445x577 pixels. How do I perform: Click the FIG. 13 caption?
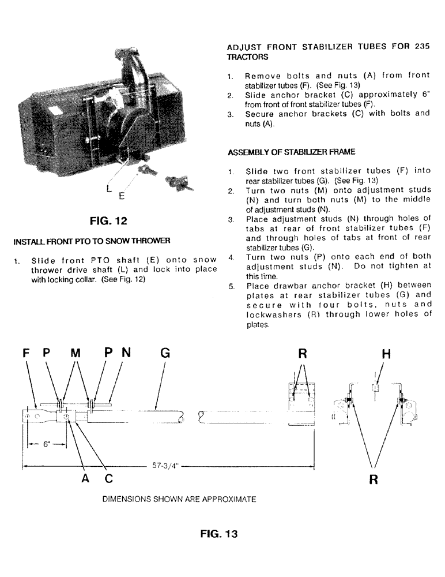(x=218, y=534)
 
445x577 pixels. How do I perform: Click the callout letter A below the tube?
(x=85, y=477)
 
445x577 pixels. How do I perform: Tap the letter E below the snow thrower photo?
(x=121, y=196)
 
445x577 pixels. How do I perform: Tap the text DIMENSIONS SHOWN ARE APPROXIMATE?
(x=179, y=498)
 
